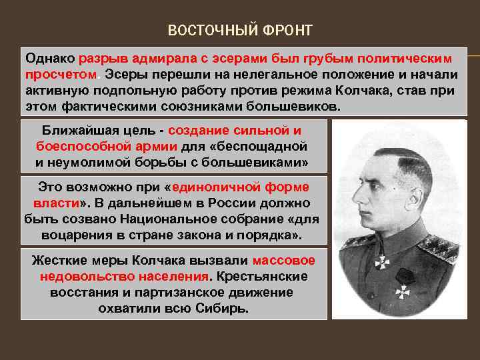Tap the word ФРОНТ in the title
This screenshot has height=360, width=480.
point(287,31)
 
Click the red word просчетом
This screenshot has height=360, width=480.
point(61,73)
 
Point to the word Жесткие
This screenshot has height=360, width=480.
point(58,261)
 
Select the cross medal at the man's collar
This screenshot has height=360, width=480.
point(381,262)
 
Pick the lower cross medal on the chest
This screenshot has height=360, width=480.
point(401,292)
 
